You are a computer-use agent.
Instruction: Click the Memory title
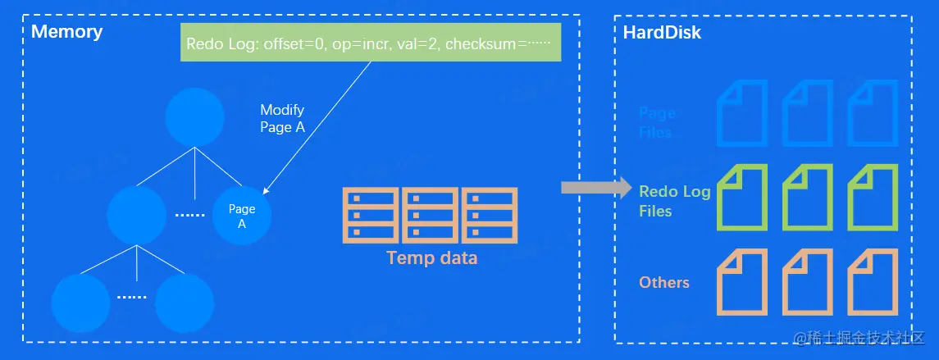pos(66,33)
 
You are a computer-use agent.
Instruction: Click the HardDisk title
pos(662,34)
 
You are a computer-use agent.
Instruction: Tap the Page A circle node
pos(242,216)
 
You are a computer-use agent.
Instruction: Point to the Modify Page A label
pos(282,119)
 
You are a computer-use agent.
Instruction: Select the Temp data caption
pos(431,259)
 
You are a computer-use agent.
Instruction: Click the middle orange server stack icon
pos(431,216)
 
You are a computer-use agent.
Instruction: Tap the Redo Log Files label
pos(673,201)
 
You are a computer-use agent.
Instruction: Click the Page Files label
pos(657,123)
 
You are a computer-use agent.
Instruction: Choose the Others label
pos(664,282)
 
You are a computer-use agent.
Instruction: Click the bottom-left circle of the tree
pos(80,302)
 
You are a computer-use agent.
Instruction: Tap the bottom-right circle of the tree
pos(184,302)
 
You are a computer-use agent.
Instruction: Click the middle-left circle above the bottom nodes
pos(137,216)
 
